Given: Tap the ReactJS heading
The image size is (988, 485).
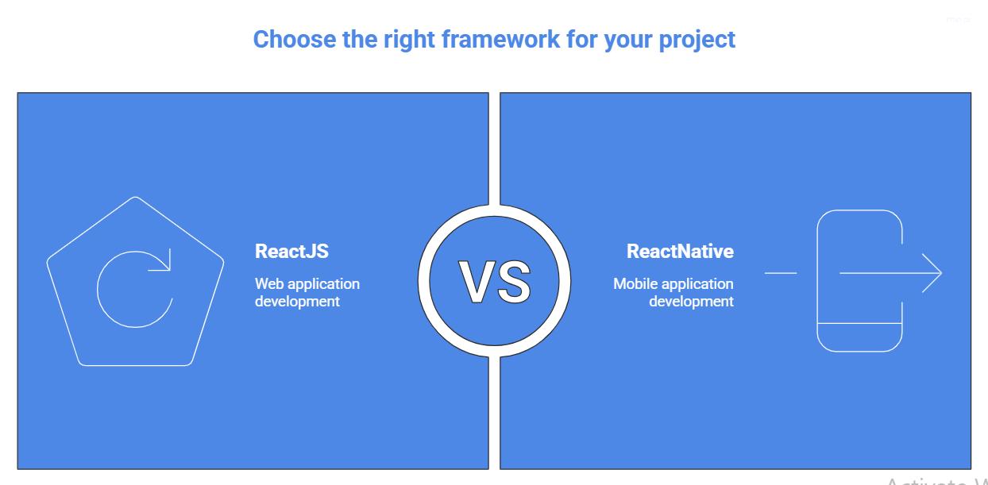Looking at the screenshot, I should click(291, 252).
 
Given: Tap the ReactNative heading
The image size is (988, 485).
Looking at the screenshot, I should click(680, 252).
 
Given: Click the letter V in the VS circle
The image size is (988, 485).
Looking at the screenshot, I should click(479, 283).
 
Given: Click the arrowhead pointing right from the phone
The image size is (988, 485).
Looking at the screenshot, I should click(934, 273).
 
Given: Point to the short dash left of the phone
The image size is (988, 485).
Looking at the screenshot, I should click(780, 273).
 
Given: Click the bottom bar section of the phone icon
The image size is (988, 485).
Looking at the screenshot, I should click(859, 337).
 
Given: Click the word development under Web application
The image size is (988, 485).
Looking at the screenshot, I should click(297, 302).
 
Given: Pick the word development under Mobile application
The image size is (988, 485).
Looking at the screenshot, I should click(691, 302).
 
